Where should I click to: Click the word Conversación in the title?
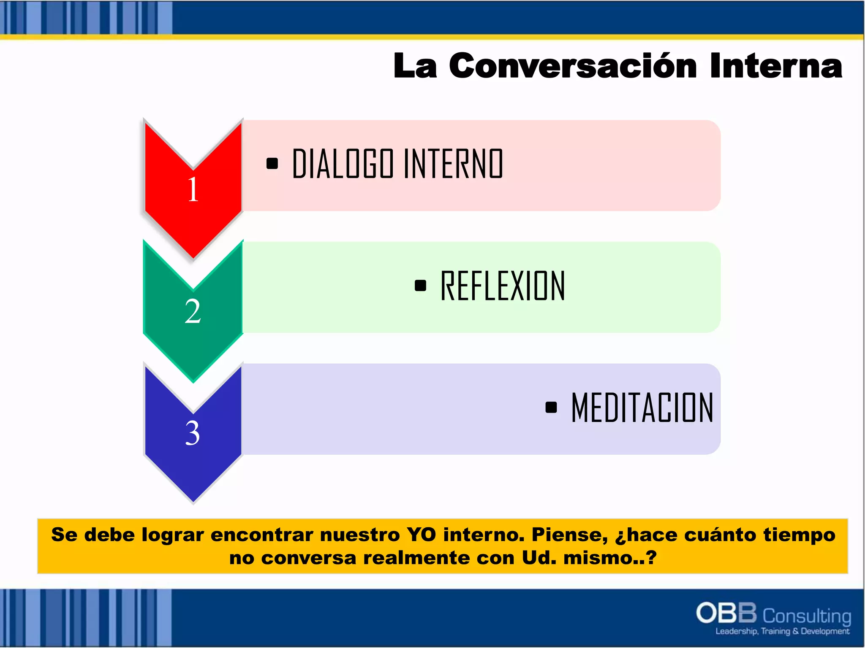pos(572,66)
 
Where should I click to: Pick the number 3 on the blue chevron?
pos(193,433)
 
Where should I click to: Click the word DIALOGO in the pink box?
pos(343,164)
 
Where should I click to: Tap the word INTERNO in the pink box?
pos(453,164)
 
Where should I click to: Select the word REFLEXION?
pos(503,286)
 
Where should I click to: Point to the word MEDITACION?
pos(642,408)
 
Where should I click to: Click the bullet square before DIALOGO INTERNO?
pos(272,163)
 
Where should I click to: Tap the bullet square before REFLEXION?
pos(420,286)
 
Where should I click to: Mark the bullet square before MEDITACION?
pos(551,407)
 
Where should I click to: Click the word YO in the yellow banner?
pos(421,535)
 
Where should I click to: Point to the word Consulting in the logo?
pos(807,616)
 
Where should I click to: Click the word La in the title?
pos(415,66)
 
